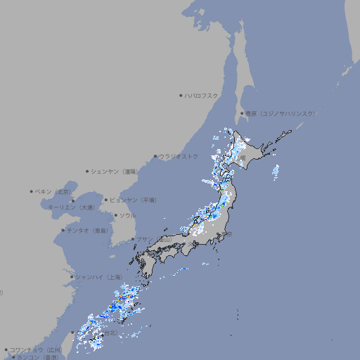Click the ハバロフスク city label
click(x=202, y=96)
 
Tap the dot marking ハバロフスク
click(x=181, y=96)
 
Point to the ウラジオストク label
click(x=179, y=156)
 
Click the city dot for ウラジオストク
click(x=155, y=156)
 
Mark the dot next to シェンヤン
click(x=88, y=171)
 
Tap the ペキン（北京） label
click(x=53, y=191)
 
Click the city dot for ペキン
click(x=32, y=191)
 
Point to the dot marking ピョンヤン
click(x=106, y=200)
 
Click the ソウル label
click(x=127, y=215)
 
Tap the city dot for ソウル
click(x=115, y=215)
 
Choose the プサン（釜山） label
click(x=154, y=240)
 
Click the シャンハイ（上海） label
click(x=98, y=277)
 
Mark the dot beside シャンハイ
click(x=71, y=277)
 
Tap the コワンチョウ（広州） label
click(x=35, y=349)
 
